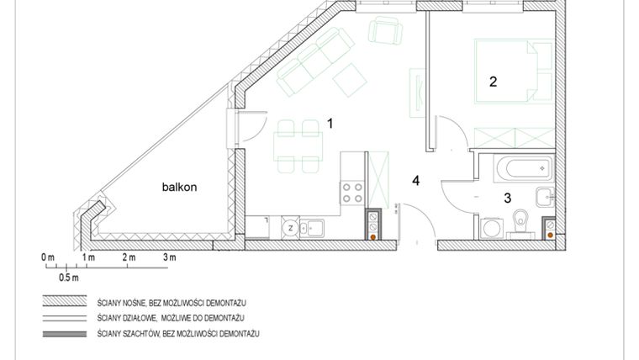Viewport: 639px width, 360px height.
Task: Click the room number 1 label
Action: pyautogui.click(x=330, y=124)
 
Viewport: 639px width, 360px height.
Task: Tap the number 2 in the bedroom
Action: pyautogui.click(x=494, y=82)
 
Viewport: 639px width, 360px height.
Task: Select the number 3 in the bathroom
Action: pyautogui.click(x=507, y=199)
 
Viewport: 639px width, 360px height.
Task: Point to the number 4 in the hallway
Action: pyautogui.click(x=415, y=180)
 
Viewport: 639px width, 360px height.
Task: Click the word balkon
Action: pyautogui.click(x=179, y=188)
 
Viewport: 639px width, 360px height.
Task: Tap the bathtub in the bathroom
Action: pyautogui.click(x=521, y=167)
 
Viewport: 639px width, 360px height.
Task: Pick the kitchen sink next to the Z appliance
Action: pyautogui.click(x=314, y=226)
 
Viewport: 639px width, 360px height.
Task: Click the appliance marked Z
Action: pyautogui.click(x=290, y=226)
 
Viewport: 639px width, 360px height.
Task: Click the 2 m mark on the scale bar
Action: pyautogui.click(x=129, y=257)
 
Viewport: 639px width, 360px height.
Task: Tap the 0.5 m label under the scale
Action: pyautogui.click(x=69, y=277)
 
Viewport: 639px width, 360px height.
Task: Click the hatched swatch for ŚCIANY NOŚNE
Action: pyautogui.click(x=66, y=301)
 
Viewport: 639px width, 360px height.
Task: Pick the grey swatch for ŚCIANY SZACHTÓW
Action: pyautogui.click(x=66, y=335)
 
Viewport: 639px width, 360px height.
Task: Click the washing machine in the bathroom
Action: pyautogui.click(x=490, y=227)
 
